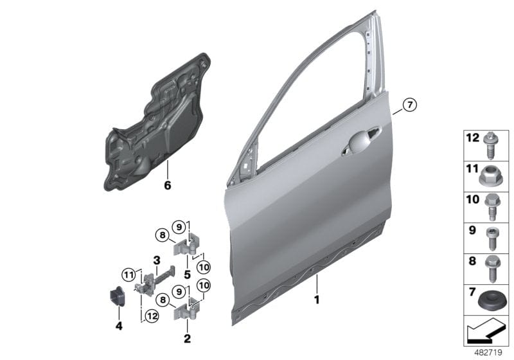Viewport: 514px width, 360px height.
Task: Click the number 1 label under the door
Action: tap(315, 299)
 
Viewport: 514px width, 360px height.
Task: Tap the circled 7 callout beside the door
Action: tap(410, 104)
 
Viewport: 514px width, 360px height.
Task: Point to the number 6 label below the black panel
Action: tap(168, 186)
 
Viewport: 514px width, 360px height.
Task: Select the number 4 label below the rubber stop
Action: tap(118, 326)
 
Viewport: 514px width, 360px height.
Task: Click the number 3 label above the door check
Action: tap(155, 260)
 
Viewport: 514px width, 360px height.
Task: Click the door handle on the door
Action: tap(363, 139)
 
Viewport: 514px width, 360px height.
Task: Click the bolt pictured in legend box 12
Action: tap(493, 143)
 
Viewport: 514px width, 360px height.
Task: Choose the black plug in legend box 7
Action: tap(493, 300)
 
